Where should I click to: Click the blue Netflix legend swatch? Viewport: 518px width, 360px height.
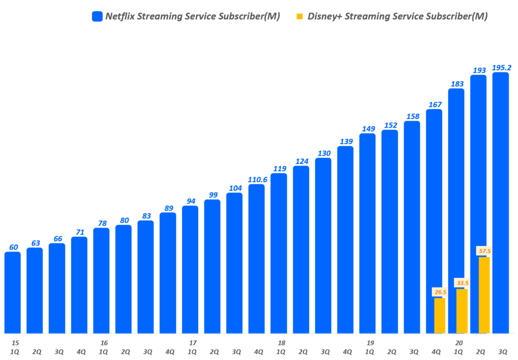[98, 16]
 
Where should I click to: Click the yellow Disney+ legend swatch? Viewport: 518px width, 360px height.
[299, 16]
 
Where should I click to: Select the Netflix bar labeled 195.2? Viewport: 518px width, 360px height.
[500, 203]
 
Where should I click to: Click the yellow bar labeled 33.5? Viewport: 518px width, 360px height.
[462, 311]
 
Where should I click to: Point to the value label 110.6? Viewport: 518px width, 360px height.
[256, 179]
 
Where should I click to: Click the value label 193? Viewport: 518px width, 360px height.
[478, 70]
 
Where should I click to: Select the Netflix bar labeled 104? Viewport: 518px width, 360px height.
[234, 263]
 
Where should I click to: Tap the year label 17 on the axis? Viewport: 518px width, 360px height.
[193, 343]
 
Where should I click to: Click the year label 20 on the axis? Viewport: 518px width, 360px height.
[459, 343]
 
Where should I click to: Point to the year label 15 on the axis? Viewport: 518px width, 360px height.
[15, 343]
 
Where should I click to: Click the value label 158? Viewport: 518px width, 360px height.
[412, 116]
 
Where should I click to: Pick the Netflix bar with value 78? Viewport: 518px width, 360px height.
[101, 281]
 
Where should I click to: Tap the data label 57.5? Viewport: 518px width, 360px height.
[485, 251]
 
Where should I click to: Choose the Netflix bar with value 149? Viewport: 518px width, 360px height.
[367, 233]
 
